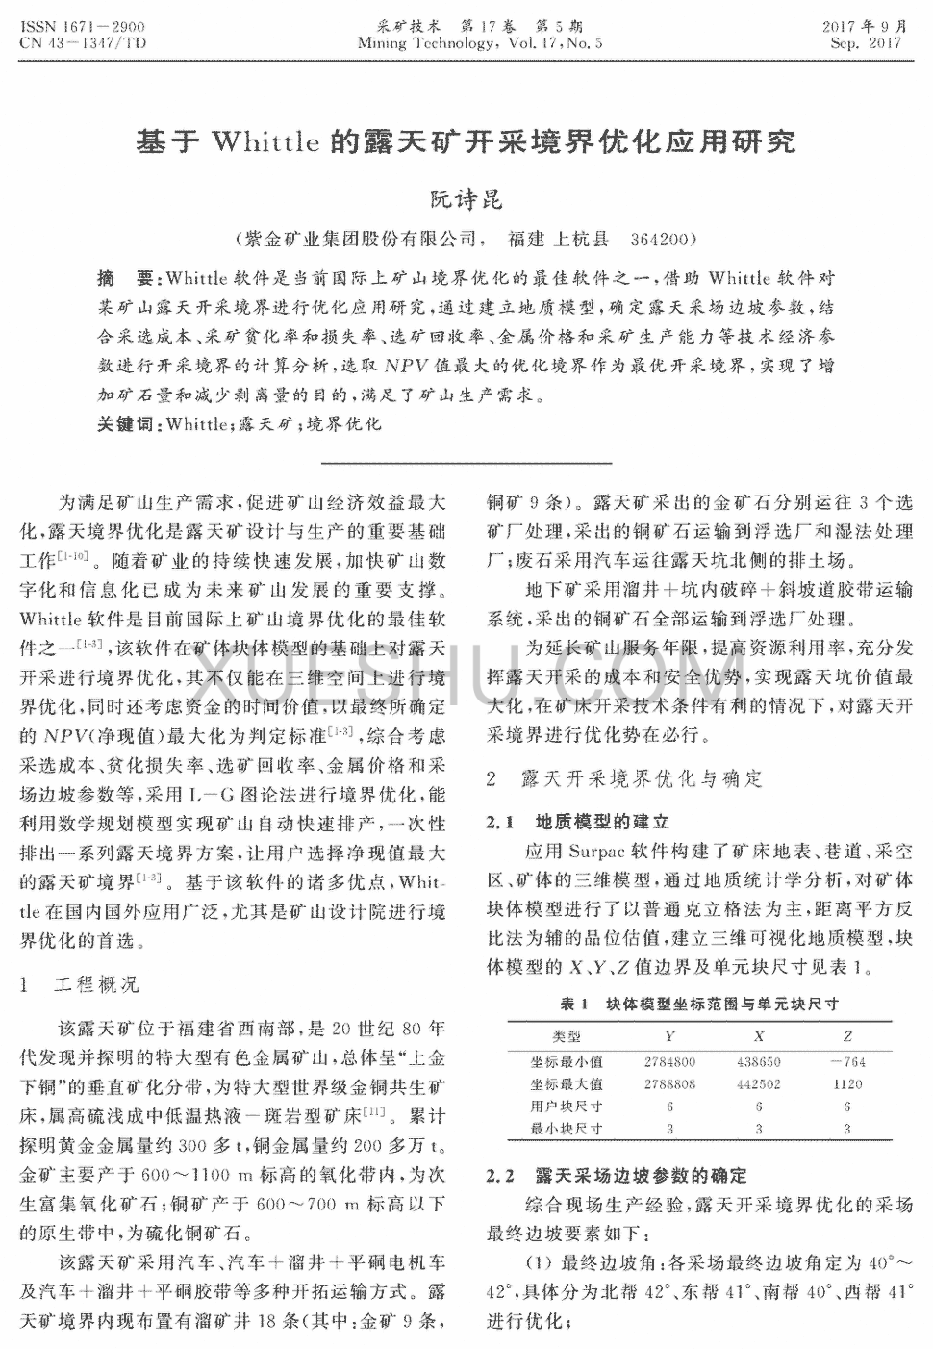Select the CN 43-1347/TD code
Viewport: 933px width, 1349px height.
81,43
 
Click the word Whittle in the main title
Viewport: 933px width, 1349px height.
265,143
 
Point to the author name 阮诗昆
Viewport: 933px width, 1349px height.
466,200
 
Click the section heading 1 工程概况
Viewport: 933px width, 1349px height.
80,985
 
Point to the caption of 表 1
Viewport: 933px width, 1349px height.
699,1005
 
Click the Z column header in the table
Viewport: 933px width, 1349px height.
847,1036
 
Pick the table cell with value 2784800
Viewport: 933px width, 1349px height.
669,1062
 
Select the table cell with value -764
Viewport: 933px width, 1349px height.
846,1062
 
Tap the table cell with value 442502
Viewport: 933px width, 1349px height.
759,1084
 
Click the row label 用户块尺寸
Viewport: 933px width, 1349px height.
567,1107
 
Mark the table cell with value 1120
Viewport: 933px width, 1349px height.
847,1084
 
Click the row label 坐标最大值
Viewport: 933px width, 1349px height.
567,1084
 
